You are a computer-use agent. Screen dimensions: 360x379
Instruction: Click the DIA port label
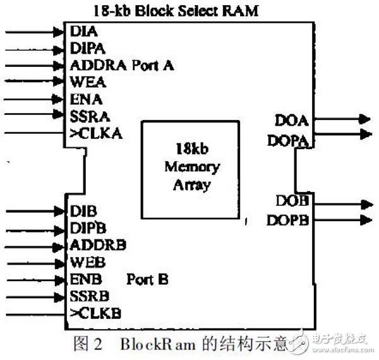pos(80,30)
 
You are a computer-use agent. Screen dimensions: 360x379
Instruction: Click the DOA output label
pos(291,119)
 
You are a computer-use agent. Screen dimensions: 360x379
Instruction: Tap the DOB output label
pos(291,201)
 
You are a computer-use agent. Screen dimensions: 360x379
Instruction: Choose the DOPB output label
pos(288,219)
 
